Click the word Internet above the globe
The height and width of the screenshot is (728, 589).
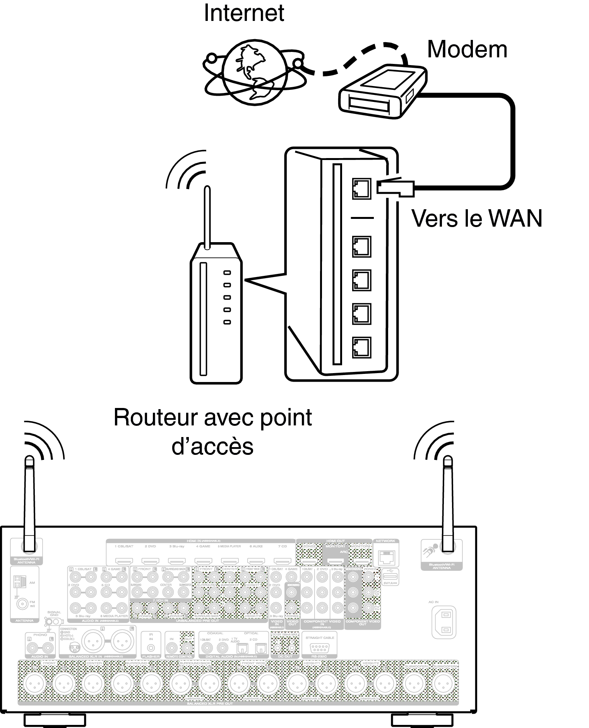click(x=244, y=13)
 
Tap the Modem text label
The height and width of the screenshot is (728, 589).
click(x=467, y=50)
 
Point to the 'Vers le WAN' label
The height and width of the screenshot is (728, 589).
click(x=476, y=218)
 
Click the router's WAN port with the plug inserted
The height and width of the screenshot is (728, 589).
click(x=361, y=189)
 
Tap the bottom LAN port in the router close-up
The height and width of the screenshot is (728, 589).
click(x=361, y=348)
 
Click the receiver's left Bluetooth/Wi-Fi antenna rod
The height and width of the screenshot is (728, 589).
click(x=29, y=504)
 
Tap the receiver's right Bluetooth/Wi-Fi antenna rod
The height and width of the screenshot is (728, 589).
click(x=448, y=504)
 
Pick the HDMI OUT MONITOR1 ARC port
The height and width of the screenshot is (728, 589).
click(x=335, y=561)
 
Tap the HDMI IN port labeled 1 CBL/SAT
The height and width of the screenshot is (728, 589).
click(x=124, y=561)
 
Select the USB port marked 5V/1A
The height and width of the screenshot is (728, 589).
click(x=390, y=577)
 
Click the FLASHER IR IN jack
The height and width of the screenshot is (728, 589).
click(x=151, y=648)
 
